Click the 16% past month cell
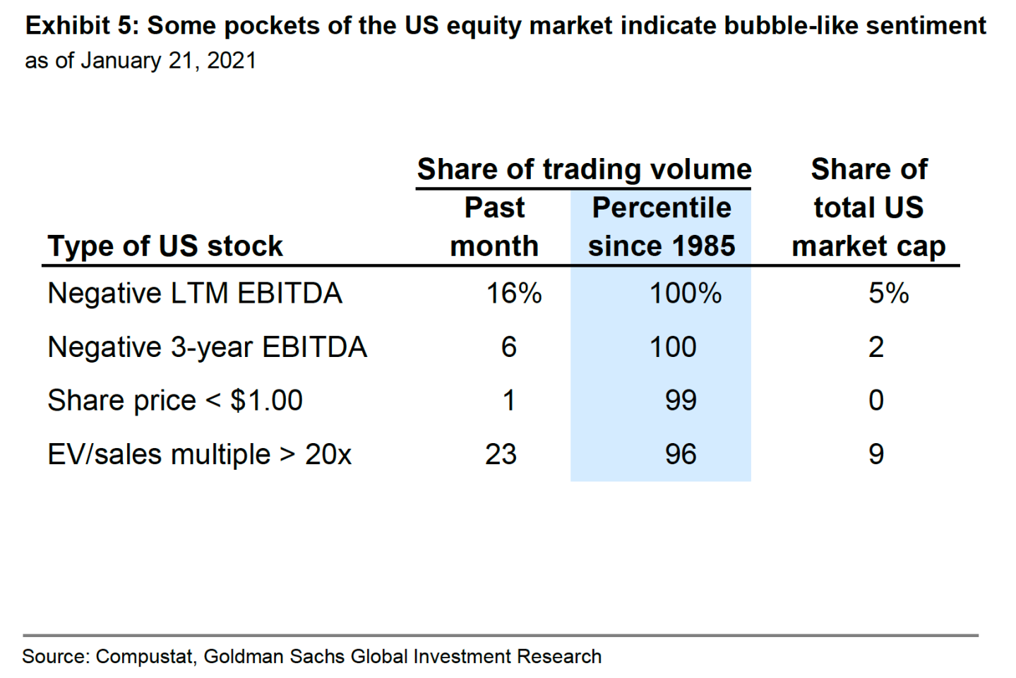513,293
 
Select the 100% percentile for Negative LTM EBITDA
685,293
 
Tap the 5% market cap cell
888,293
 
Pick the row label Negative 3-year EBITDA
207,347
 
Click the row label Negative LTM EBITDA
194,293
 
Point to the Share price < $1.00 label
174,401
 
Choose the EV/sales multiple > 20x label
199,454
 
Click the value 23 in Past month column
501,454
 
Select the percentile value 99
681,401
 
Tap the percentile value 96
681,454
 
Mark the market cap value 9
875,454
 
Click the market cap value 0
875,401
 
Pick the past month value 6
508,347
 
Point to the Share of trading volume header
584,170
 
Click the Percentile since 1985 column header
662,227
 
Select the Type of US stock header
165,246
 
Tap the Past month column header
494,227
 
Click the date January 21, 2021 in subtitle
168,61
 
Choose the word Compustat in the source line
144,657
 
